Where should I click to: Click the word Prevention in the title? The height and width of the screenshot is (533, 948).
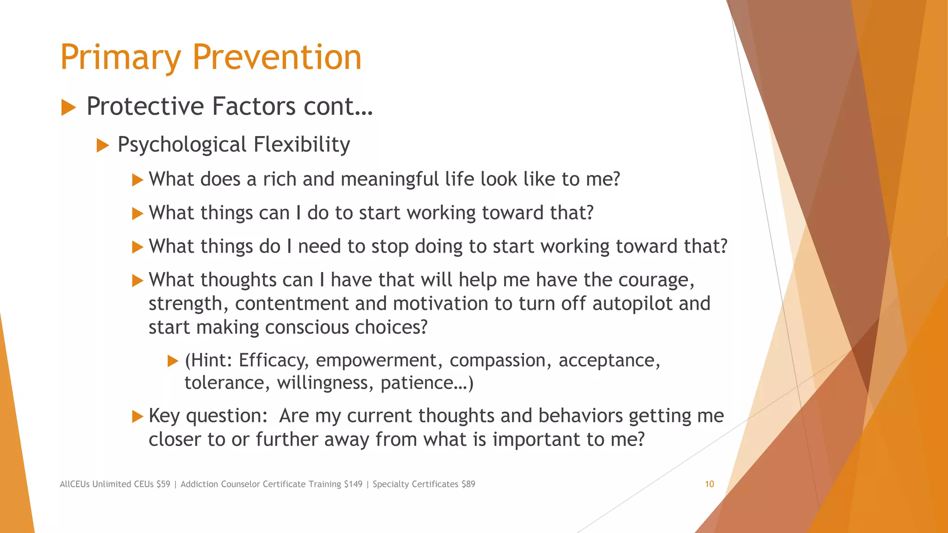click(x=276, y=57)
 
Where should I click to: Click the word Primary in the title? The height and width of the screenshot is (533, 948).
click(x=120, y=57)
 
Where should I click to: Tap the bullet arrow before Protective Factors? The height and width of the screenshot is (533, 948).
click(x=69, y=108)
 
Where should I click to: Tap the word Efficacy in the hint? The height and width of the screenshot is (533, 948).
click(x=273, y=360)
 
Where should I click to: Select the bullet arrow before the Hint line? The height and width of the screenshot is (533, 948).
click(x=173, y=361)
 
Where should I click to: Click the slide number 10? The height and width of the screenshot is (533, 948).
click(x=709, y=484)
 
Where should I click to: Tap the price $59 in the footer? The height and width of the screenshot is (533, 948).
click(x=163, y=484)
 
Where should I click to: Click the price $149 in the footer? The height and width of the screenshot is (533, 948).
click(x=353, y=484)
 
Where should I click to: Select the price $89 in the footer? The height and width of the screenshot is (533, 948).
click(x=468, y=484)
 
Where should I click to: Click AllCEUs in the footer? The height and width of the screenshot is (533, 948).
click(x=75, y=484)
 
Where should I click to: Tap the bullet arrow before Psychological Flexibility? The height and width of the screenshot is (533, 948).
click(x=103, y=146)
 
